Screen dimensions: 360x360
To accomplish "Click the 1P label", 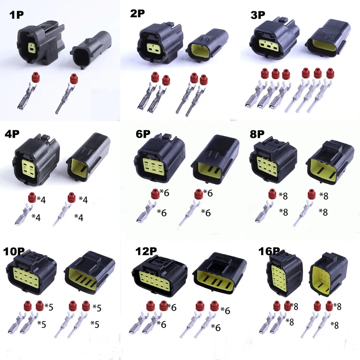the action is click(16, 15).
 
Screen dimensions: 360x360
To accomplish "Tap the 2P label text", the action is click(137, 13).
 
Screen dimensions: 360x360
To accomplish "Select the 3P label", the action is click(258, 15).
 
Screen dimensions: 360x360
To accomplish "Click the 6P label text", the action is click(143, 134).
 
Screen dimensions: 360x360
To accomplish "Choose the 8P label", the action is click(257, 134).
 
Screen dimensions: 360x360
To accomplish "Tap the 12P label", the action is click(146, 251).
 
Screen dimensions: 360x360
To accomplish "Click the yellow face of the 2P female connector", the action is click(154, 47).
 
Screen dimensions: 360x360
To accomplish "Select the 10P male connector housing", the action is click(90, 274).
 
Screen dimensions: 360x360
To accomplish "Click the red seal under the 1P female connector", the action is click(35, 76).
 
